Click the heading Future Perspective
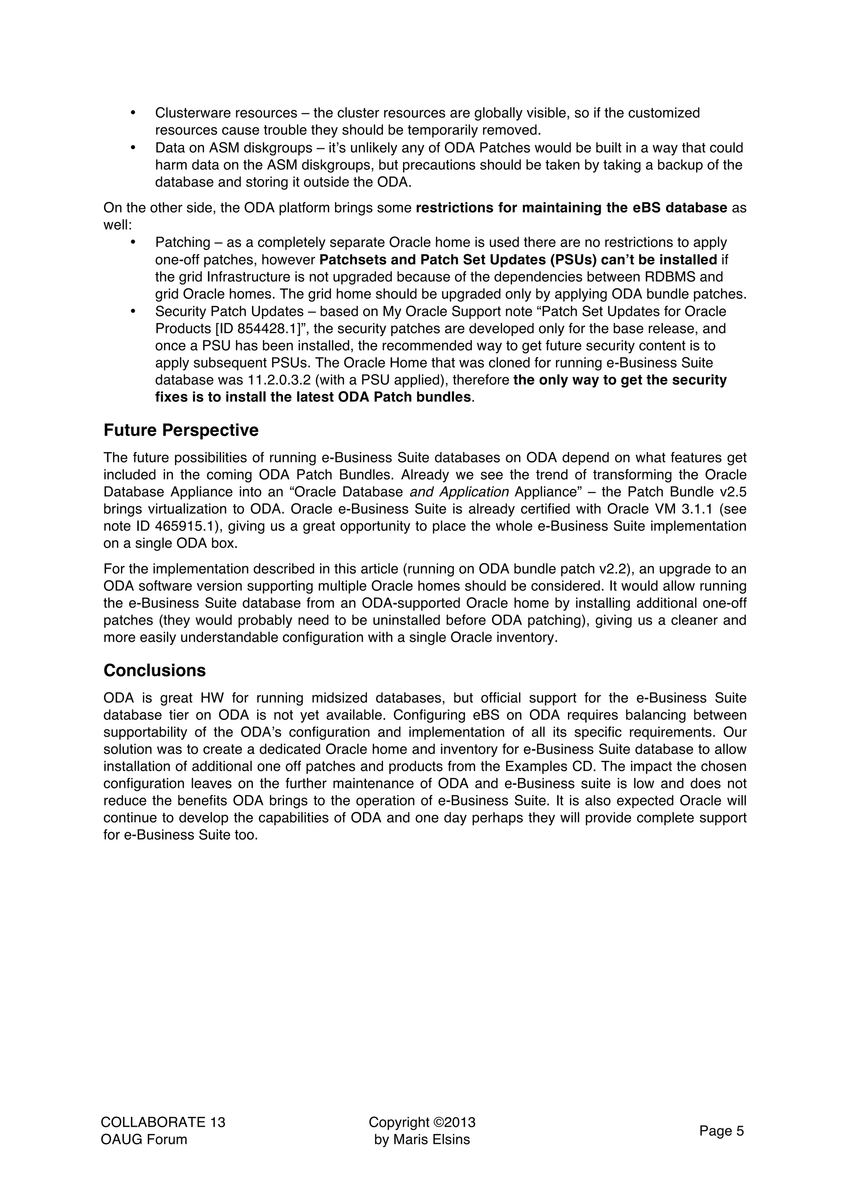coord(181,430)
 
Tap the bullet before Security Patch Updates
coord(133,311)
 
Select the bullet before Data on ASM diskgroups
coord(133,148)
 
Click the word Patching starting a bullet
coord(182,243)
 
